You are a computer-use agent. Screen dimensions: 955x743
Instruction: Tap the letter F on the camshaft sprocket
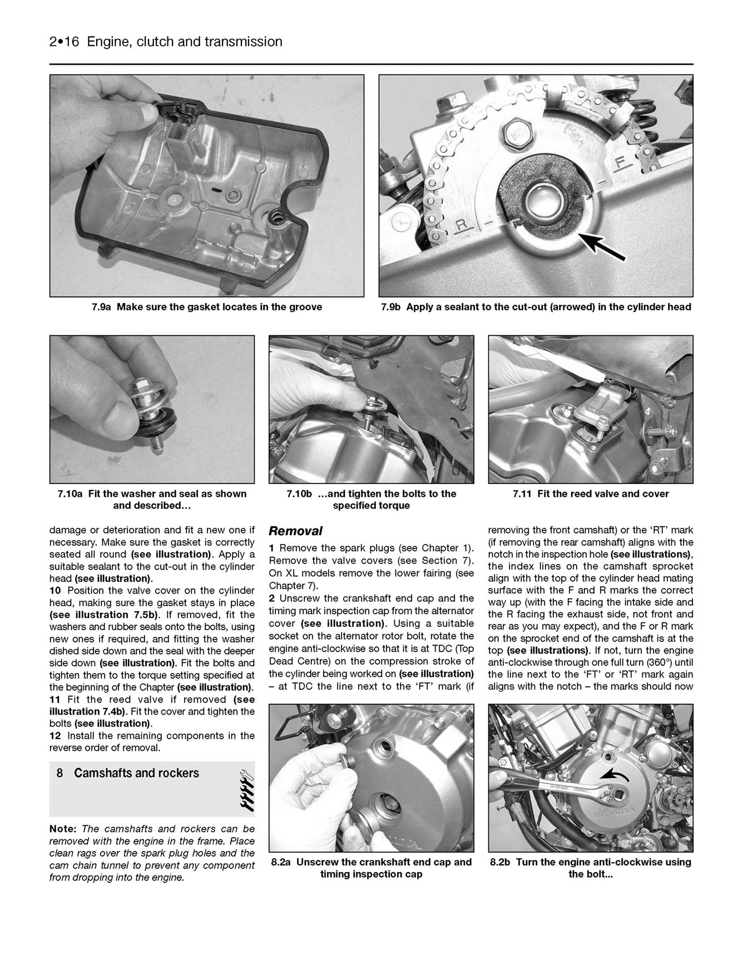click(x=621, y=163)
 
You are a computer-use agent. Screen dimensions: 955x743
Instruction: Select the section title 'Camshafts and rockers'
click(x=136, y=773)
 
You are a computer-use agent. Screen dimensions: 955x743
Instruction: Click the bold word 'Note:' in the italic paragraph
click(x=63, y=829)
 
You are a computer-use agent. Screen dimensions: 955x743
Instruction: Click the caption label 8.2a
click(x=282, y=862)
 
